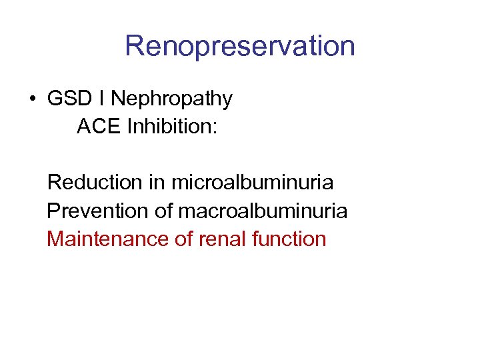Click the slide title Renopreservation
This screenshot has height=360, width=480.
tap(240, 46)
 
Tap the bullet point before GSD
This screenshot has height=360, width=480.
tap(32, 99)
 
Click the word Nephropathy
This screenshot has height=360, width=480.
tap(171, 99)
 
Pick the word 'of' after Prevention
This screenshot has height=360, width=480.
tap(164, 211)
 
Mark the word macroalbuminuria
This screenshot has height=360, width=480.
tap(263, 211)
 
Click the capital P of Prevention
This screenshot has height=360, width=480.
tap(53, 211)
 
